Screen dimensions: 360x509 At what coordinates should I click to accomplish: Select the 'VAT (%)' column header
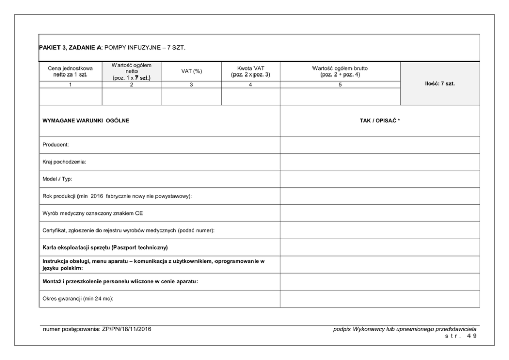191,71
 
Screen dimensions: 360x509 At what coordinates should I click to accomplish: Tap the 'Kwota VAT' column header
250,71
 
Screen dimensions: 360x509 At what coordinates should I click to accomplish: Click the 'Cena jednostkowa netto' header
70,71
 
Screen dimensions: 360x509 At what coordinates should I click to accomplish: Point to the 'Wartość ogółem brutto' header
340,71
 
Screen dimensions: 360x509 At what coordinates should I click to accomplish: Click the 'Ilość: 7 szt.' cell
440,84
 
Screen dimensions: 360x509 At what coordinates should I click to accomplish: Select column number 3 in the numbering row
191,85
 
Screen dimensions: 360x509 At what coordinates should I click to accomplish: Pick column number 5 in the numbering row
340,85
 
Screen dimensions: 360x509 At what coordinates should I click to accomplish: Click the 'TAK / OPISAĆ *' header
380,121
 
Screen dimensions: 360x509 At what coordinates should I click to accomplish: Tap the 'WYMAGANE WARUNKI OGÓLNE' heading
86,121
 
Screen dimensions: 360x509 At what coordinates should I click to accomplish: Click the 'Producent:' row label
55,145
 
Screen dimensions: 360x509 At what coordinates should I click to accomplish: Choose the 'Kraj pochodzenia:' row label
64,162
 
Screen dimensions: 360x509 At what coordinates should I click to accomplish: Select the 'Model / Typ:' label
58,179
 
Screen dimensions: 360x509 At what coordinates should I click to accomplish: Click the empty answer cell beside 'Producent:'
380,145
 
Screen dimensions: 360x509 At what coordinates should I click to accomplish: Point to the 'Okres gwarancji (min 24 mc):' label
77,298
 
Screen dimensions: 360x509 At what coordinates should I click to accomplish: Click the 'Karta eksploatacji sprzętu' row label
105,247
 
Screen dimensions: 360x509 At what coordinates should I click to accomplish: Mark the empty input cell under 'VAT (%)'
191,97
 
